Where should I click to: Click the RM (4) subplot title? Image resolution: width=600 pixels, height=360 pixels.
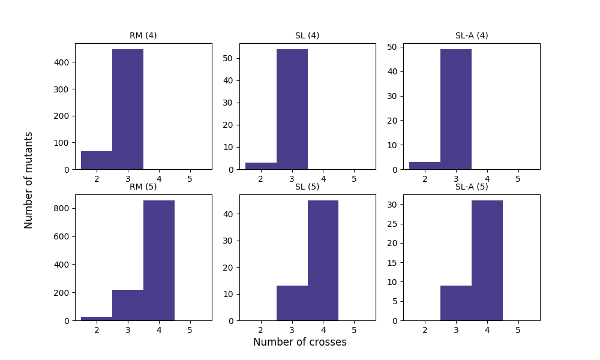click(x=143, y=35)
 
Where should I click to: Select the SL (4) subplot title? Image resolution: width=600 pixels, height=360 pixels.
click(x=307, y=35)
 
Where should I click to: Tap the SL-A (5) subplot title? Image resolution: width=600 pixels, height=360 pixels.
click(x=471, y=187)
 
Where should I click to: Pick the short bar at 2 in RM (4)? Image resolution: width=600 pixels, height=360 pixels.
click(x=97, y=160)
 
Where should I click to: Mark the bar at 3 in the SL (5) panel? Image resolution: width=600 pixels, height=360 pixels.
click(x=292, y=303)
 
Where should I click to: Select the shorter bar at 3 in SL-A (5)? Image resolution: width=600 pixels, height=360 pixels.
click(x=456, y=303)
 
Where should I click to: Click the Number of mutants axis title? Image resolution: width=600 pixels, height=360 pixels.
click(x=29, y=180)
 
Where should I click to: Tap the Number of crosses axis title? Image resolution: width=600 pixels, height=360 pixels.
click(x=299, y=342)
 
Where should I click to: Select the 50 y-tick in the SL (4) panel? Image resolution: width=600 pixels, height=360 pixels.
click(x=229, y=58)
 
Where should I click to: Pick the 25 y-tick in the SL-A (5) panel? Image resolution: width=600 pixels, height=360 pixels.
click(x=393, y=224)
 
